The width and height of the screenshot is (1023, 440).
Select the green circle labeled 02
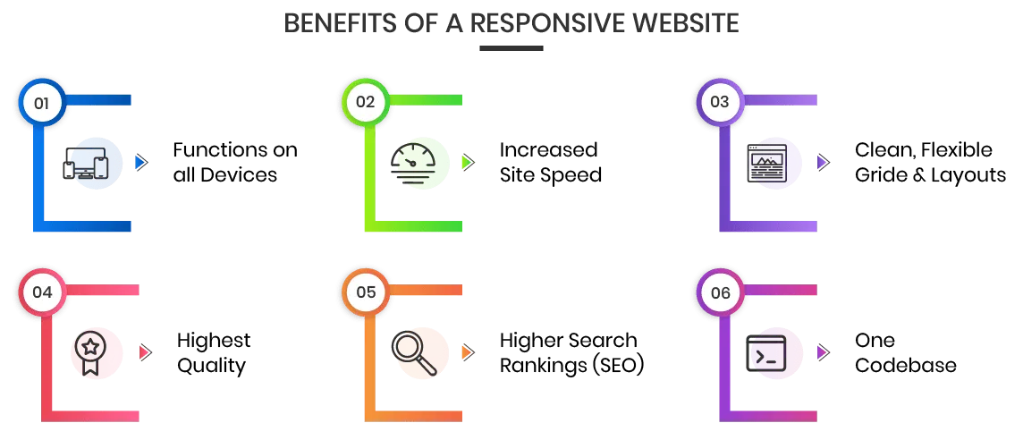tap(366, 102)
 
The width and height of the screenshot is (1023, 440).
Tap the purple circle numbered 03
tap(720, 102)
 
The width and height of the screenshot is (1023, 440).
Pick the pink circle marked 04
tap(42, 292)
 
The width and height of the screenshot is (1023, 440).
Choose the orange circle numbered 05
tap(366, 292)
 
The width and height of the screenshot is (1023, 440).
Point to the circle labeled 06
tap(720, 292)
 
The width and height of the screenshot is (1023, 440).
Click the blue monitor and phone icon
tap(93, 165)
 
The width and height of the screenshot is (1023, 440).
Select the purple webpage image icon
tap(771, 164)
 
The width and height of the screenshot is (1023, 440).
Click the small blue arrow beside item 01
tap(139, 163)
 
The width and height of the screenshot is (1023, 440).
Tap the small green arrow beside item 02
tap(465, 163)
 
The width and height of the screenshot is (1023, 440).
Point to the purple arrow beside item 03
tap(820, 163)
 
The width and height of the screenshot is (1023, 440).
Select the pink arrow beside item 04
tap(142, 353)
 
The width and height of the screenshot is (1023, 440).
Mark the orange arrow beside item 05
tap(465, 353)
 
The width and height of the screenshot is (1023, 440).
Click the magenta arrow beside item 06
tap(820, 353)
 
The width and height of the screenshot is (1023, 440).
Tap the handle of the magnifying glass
tap(428, 366)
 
